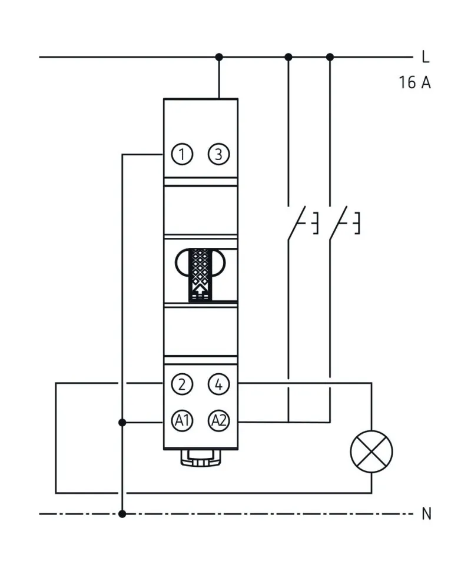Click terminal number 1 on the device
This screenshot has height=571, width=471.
183,155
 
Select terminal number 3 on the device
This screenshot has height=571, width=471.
218,155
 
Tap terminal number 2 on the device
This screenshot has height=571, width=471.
183,384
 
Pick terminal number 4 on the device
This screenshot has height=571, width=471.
218,384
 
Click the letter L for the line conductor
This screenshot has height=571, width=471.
426,58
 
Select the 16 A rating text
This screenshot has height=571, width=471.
414,82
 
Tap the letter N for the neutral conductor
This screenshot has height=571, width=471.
427,514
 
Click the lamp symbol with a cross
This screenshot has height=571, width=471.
372,452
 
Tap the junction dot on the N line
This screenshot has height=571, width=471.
122,514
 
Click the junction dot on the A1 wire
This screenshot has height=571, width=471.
122,422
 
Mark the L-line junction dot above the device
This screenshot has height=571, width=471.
219,57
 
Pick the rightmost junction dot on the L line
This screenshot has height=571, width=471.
330,57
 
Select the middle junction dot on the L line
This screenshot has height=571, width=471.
288,57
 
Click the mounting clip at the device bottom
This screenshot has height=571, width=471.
201,457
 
